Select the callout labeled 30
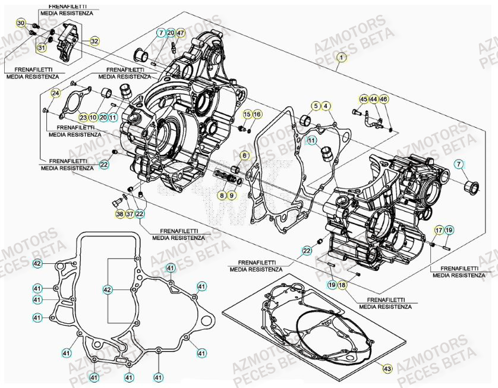[x=20, y=23]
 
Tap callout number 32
[x=94, y=41]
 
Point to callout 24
[x=55, y=93]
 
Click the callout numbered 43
[x=387, y=369]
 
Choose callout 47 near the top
[x=181, y=33]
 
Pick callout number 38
[x=119, y=214]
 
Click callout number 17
[x=438, y=230]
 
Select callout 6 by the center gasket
[x=243, y=156]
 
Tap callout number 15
[x=247, y=113]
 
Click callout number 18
[x=342, y=285]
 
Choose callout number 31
[x=42, y=48]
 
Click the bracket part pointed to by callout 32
[x=67, y=42]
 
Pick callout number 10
[x=93, y=118]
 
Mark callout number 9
[x=231, y=195]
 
